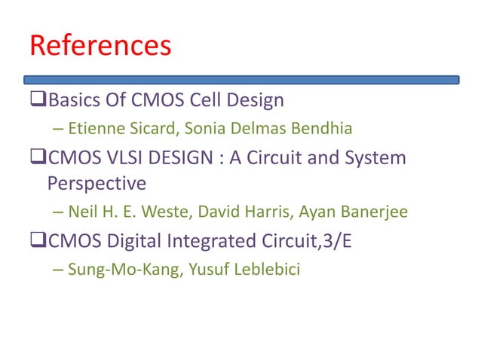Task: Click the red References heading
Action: point(100,46)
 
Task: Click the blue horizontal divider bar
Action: point(241,79)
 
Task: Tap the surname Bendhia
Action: point(320,129)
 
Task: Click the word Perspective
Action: point(96,183)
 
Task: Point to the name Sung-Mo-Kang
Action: point(113,269)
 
